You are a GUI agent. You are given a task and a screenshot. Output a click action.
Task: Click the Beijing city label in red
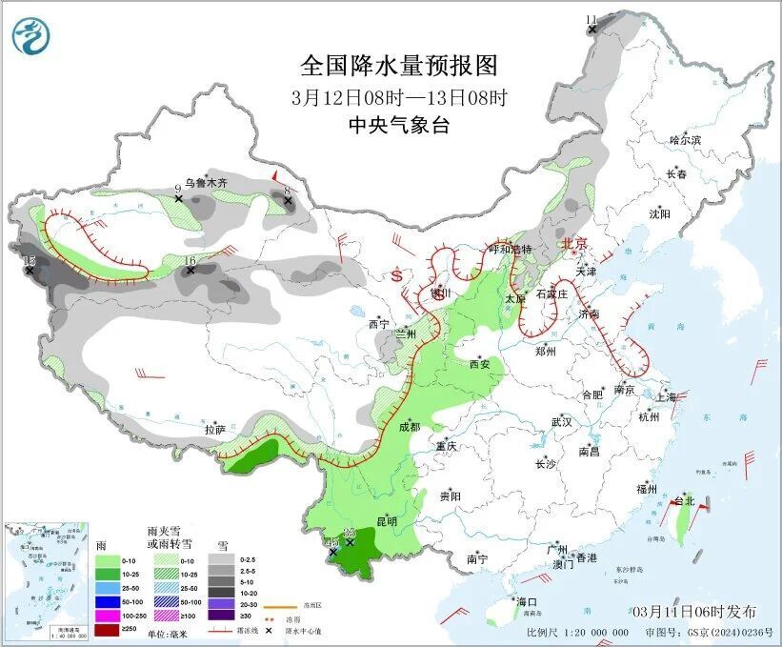point(575,243)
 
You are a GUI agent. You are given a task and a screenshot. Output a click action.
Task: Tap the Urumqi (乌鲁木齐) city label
point(206,182)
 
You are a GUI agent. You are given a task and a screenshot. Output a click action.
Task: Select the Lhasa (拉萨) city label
point(215,430)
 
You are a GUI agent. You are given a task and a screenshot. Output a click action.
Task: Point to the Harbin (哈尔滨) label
point(684,140)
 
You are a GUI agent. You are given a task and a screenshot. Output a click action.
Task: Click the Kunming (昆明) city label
point(386,521)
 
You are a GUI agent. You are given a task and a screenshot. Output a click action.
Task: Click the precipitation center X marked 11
point(592,30)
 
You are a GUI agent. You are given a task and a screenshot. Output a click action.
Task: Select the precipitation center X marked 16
point(190,271)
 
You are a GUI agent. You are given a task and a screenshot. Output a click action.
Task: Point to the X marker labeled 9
point(179,199)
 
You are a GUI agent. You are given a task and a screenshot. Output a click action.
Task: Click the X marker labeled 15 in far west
point(30,271)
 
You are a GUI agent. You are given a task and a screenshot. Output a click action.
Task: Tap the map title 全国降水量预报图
point(399,66)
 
